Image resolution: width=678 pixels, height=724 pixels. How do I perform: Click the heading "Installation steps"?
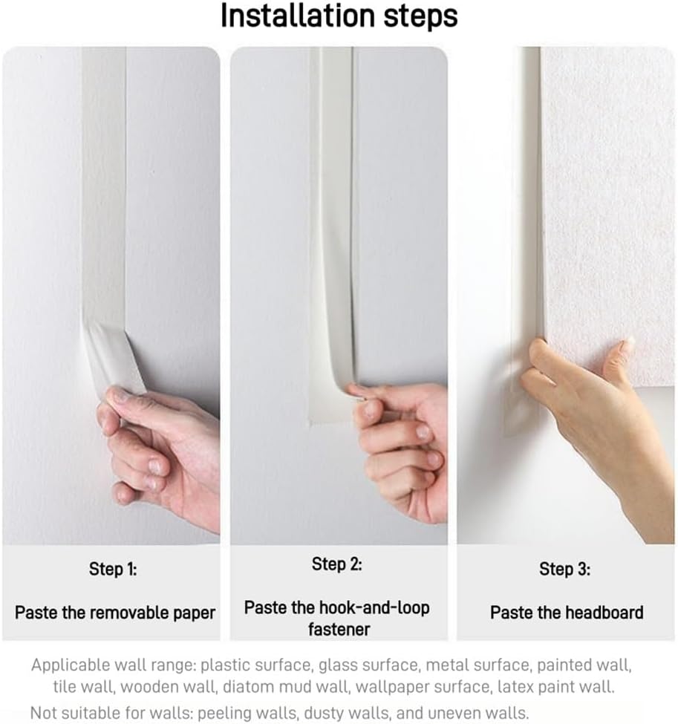pos(339,16)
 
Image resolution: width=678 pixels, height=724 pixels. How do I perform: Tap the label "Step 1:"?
pos(113,569)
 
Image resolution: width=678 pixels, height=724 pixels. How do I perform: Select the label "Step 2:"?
pos(336,564)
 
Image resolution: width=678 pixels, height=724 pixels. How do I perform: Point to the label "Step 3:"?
pos(564,569)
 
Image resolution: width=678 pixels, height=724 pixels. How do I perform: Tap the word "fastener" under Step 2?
pos(339,630)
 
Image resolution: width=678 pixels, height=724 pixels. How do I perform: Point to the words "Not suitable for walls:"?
pos(112,712)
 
